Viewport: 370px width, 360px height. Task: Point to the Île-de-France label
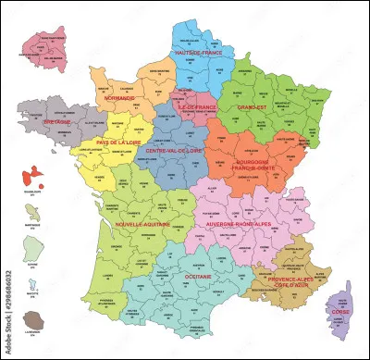[196, 106]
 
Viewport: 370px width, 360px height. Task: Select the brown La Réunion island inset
[31, 322]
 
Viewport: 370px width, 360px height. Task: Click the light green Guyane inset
[31, 250]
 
